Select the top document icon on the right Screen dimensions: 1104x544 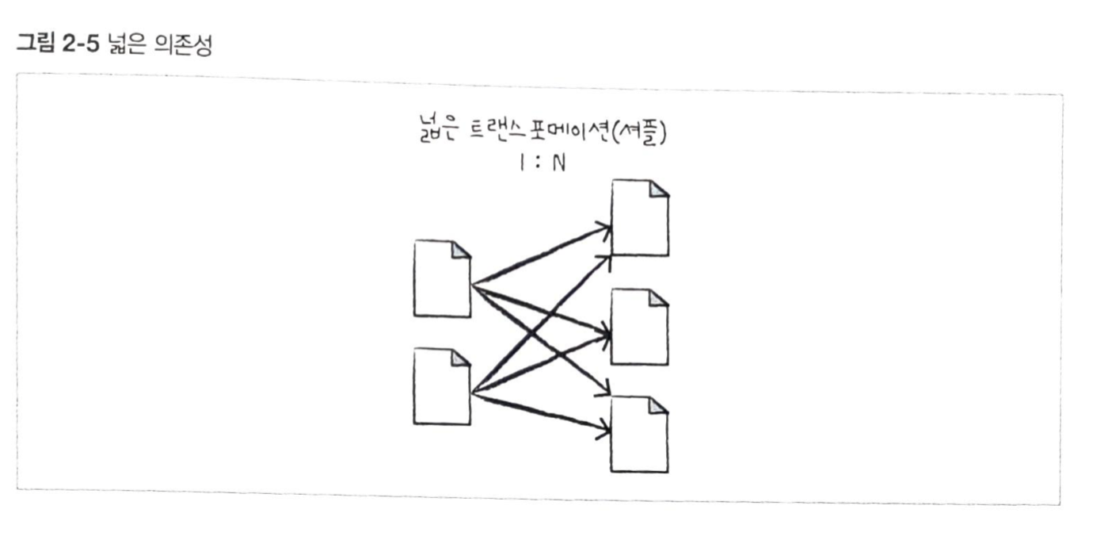click(640, 218)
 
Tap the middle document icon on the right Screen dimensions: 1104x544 click(640, 327)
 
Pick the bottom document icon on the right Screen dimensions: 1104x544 click(640, 435)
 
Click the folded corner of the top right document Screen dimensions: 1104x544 click(659, 189)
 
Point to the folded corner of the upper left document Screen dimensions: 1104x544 click(461, 250)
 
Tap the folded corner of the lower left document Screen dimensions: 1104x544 click(461, 358)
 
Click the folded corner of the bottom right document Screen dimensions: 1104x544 click(659, 406)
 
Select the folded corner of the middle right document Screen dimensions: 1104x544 click(659, 298)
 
